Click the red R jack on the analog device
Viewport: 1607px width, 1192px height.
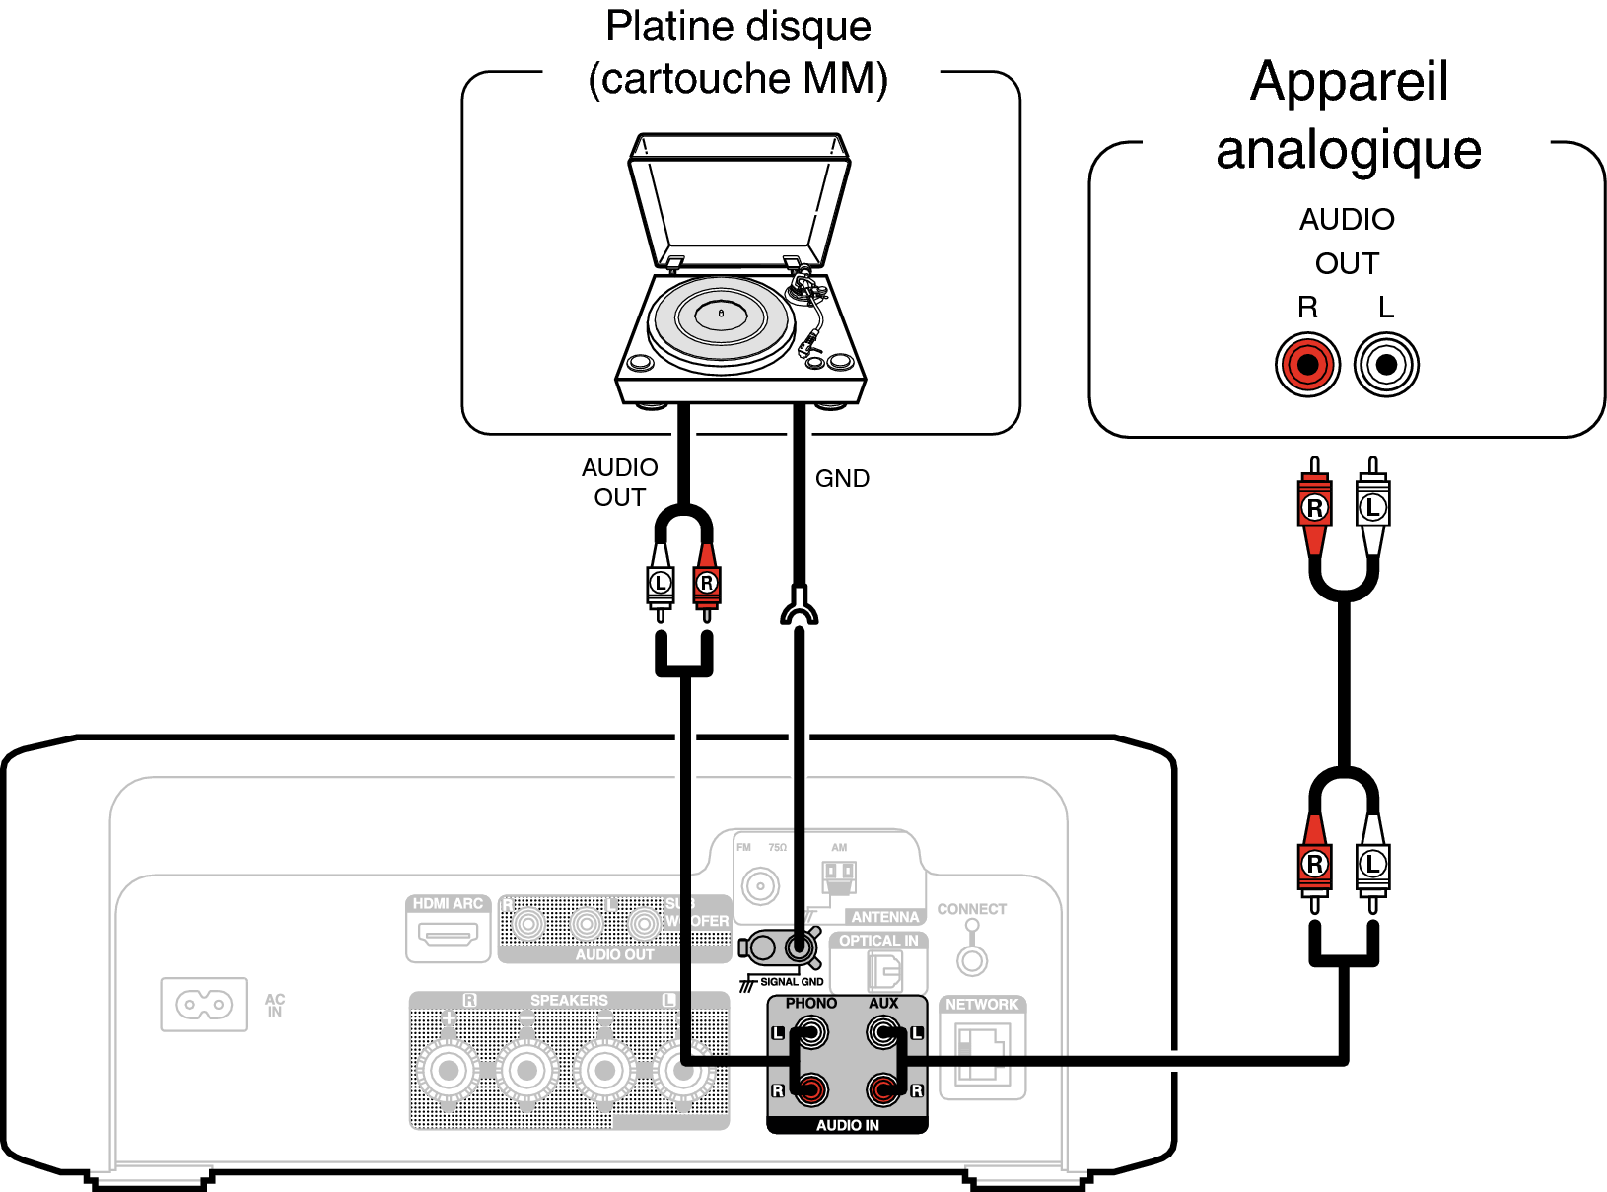pyautogui.click(x=1307, y=365)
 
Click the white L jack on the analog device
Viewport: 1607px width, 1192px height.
pyautogui.click(x=1386, y=365)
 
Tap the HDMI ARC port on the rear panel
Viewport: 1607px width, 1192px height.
pyautogui.click(x=448, y=933)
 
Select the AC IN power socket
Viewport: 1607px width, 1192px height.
pyautogui.click(x=204, y=1005)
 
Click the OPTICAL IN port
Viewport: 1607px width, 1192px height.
pyautogui.click(x=882, y=971)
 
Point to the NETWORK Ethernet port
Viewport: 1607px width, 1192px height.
pyautogui.click(x=982, y=1055)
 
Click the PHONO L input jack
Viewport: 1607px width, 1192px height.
pyautogui.click(x=810, y=1033)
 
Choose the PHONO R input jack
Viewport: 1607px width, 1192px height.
pyautogui.click(x=810, y=1089)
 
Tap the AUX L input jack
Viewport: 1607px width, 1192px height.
pyautogui.click(x=883, y=1033)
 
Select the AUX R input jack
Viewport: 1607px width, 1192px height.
pyautogui.click(x=883, y=1089)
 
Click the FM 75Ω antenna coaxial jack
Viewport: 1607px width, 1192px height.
pyautogui.click(x=760, y=885)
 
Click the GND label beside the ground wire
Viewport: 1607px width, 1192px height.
pyautogui.click(x=842, y=479)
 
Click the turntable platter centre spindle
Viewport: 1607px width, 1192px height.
pyautogui.click(x=721, y=314)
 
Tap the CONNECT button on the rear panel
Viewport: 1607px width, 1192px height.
pyautogui.click(x=972, y=959)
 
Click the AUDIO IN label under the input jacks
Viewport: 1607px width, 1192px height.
pyautogui.click(x=847, y=1125)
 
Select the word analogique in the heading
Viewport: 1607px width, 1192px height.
pyautogui.click(x=1348, y=151)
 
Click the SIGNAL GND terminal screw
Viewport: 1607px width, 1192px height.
pyautogui.click(x=799, y=948)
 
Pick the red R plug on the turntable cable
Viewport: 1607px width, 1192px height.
pyautogui.click(x=706, y=583)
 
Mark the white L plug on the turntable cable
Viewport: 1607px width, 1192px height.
pyautogui.click(x=660, y=583)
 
